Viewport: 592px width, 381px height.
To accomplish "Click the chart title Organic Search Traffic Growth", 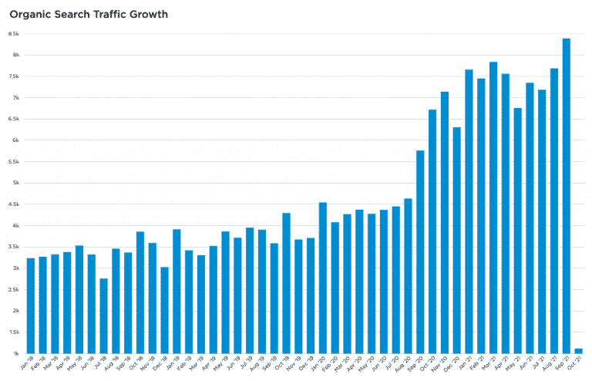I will (89, 15).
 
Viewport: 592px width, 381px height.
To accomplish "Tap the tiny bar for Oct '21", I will (579, 351).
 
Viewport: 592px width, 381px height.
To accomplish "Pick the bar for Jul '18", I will (103, 316).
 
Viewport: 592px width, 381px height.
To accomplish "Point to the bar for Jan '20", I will (323, 278).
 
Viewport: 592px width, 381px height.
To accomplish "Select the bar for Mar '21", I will (493, 207).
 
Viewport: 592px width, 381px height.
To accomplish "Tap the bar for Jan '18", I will (30, 305).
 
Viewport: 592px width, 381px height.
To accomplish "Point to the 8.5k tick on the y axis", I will (14, 34).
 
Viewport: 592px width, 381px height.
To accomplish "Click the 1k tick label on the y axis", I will (15, 353).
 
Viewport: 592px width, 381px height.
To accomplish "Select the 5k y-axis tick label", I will (15, 183).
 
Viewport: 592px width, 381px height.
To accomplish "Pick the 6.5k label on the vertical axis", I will (14, 119).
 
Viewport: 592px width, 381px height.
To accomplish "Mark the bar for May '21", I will (518, 231).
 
